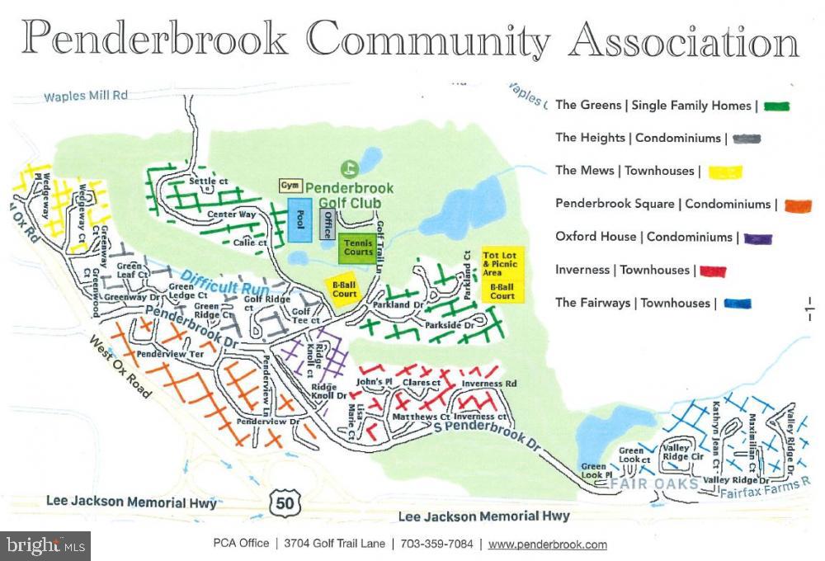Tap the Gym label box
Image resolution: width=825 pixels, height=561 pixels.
click(x=289, y=186)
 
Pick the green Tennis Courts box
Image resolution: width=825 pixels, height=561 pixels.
click(x=357, y=247)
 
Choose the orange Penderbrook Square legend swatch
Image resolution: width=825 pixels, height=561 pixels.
click(x=795, y=205)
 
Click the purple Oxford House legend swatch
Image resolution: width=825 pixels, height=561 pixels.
click(x=757, y=238)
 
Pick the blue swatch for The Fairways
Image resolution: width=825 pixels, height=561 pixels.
click(x=737, y=304)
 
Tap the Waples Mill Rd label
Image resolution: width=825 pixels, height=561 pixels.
click(x=86, y=96)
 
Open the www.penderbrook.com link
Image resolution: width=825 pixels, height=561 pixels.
click(x=547, y=544)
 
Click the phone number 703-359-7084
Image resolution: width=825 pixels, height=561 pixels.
click(x=436, y=544)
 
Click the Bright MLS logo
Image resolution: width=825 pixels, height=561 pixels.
click(x=45, y=545)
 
